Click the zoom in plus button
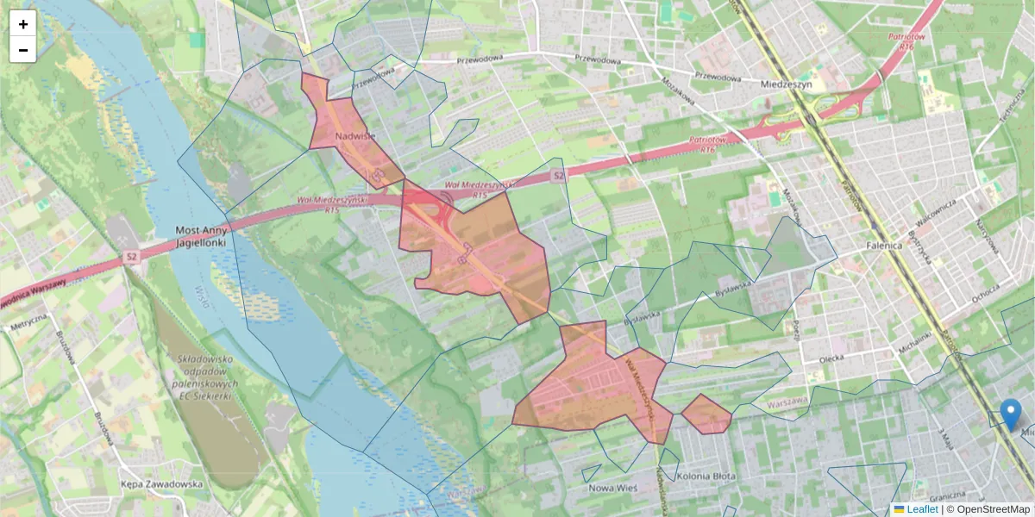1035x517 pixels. [x=23, y=24]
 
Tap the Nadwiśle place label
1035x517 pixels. [x=355, y=136]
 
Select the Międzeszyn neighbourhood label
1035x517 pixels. [x=787, y=84]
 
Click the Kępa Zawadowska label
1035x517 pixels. [x=162, y=484]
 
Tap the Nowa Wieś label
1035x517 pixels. [x=612, y=488]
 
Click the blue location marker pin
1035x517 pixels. [x=1010, y=414]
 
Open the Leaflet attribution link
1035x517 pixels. [x=921, y=509]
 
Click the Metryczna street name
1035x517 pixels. [x=28, y=327]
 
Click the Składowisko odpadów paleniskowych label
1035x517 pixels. [x=203, y=377]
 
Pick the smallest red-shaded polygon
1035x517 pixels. [x=706, y=414]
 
